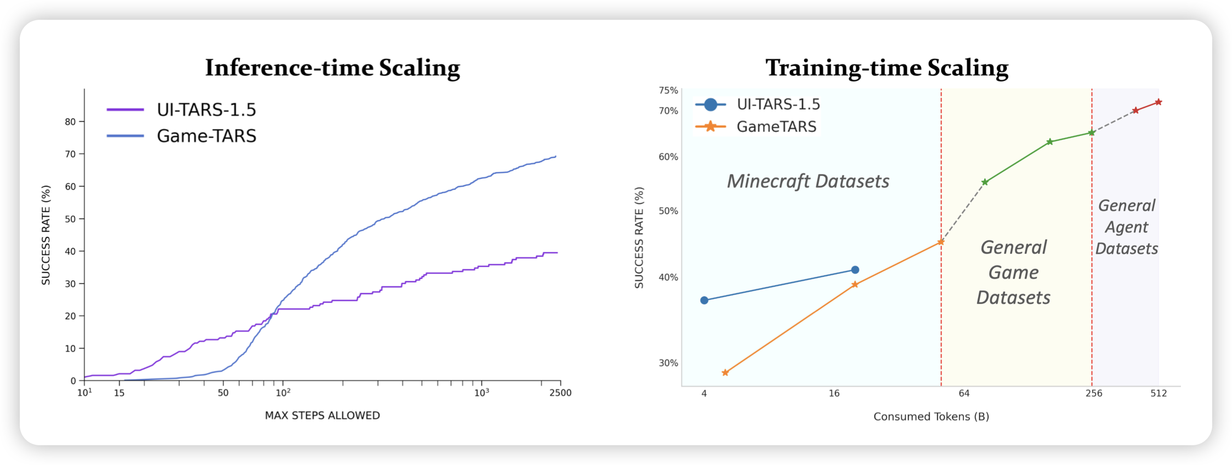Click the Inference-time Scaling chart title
pos(332,68)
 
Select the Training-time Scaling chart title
pos(887,68)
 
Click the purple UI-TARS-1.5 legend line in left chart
pos(125,110)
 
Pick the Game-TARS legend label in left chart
pos(206,136)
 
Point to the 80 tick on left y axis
pos(70,121)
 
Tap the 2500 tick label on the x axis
pos(560,393)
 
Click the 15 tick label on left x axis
pos(119,393)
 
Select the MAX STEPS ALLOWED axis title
pos(322,416)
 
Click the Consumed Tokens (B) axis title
pos(931,417)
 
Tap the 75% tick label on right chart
pos(668,90)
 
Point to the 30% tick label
pos(668,363)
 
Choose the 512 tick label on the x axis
pos(1158,393)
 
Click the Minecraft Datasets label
pos(808,181)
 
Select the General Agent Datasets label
pos(1126,227)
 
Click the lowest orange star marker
pos(725,373)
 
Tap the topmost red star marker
pos(1158,102)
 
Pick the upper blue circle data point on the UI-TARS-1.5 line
pos(855,270)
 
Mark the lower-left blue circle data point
pos(704,301)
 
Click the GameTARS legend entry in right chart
pos(776,127)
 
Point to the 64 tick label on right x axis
pos(964,393)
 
